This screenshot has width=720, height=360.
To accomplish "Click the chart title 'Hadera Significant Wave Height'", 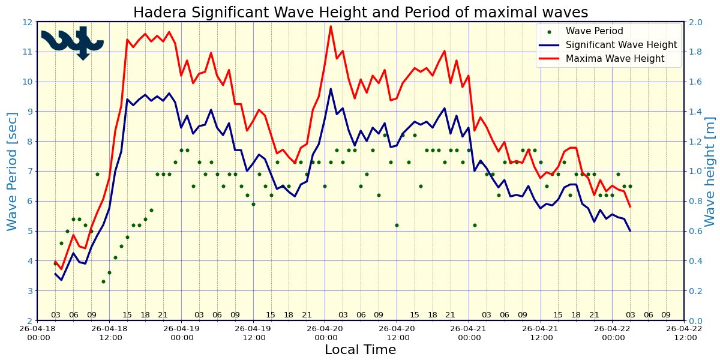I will (x=360, y=13).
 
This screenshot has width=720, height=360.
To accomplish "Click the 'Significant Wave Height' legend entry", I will (x=622, y=45).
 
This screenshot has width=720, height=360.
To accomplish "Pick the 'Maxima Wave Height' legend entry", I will (x=615, y=59).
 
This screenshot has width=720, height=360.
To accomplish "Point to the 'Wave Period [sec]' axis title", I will (x=13, y=171).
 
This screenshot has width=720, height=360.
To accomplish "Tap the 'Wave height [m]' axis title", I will (x=710, y=171).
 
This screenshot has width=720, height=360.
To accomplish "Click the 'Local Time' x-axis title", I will (x=360, y=350).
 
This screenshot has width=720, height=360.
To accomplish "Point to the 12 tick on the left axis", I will (x=26, y=22).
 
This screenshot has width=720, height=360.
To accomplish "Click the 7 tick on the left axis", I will (x=29, y=171).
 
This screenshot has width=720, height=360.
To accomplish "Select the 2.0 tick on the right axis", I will (x=695, y=22).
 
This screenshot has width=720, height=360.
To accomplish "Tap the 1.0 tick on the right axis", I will (x=695, y=171).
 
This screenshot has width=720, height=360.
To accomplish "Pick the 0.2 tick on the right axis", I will (x=695, y=290).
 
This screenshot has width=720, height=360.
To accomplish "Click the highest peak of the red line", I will (x=331, y=26).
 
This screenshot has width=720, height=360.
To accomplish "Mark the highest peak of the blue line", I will (x=331, y=89).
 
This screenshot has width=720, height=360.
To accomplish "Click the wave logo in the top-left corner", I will (x=73, y=42).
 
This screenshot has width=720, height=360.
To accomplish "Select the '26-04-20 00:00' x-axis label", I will (x=325, y=334).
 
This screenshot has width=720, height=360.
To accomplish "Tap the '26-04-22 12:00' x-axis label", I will (x=684, y=334).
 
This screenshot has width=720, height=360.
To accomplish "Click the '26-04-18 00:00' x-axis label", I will (x=37, y=334).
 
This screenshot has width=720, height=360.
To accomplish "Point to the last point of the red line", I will (x=630, y=207).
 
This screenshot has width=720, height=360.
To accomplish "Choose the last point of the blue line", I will (x=630, y=231).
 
